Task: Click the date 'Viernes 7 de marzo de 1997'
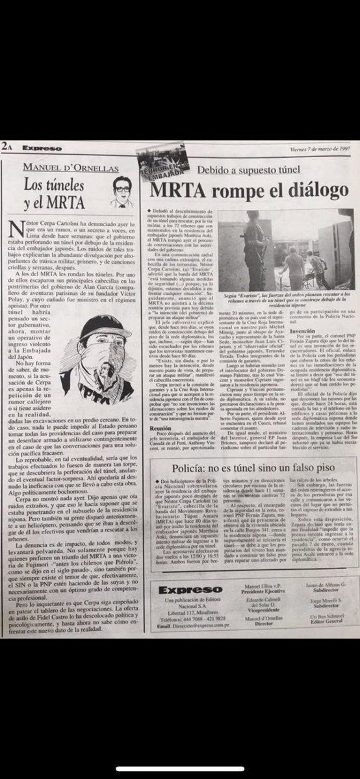tap(318, 149)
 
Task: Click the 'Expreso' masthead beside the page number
tap(40, 147)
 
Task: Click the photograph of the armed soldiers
tap(285, 250)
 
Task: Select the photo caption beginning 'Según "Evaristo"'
tap(285, 300)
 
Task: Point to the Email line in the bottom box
tap(192, 626)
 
